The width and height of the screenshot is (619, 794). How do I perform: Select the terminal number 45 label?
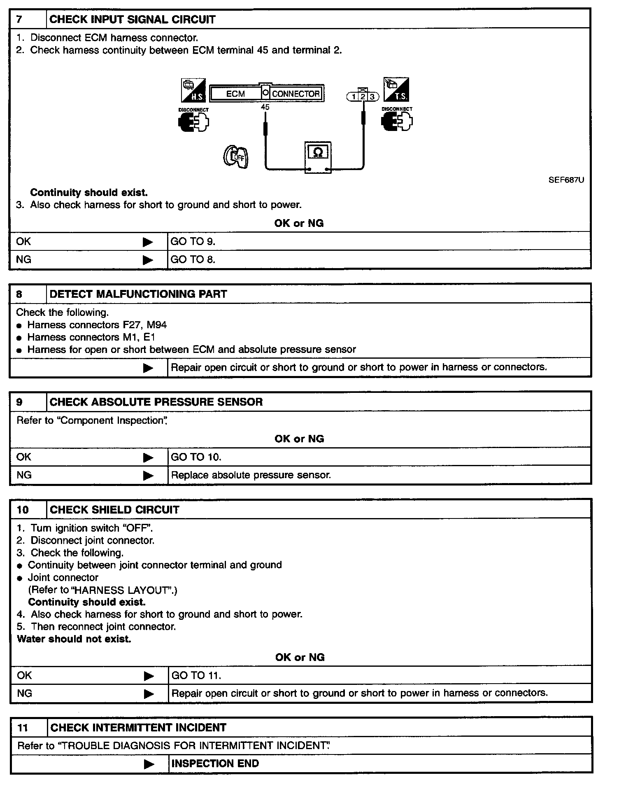[265, 107]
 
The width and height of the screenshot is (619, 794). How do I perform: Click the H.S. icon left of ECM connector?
[193, 90]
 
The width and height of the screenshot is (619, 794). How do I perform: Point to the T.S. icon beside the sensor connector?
[396, 89]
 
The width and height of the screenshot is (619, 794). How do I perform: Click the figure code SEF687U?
[566, 180]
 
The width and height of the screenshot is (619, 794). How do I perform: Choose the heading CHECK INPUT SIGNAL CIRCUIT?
[132, 19]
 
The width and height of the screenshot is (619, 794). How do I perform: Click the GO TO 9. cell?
[193, 241]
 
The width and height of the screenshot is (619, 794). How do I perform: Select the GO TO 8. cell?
[193, 259]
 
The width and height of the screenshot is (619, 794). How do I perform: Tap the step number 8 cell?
[19, 294]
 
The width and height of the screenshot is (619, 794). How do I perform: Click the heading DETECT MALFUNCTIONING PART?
[138, 294]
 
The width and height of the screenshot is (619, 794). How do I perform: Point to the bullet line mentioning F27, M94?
[97, 325]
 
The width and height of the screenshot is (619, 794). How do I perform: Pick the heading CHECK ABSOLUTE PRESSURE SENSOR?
[156, 402]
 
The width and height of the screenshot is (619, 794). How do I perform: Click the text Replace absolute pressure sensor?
[251, 475]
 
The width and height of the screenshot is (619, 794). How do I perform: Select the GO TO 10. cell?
[196, 457]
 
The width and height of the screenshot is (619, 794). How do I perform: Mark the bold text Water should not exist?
[74, 639]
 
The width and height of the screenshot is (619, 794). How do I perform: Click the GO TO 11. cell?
[196, 675]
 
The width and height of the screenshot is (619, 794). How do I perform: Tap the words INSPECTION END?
[215, 764]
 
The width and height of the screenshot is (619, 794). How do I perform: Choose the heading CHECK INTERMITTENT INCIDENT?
[138, 727]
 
